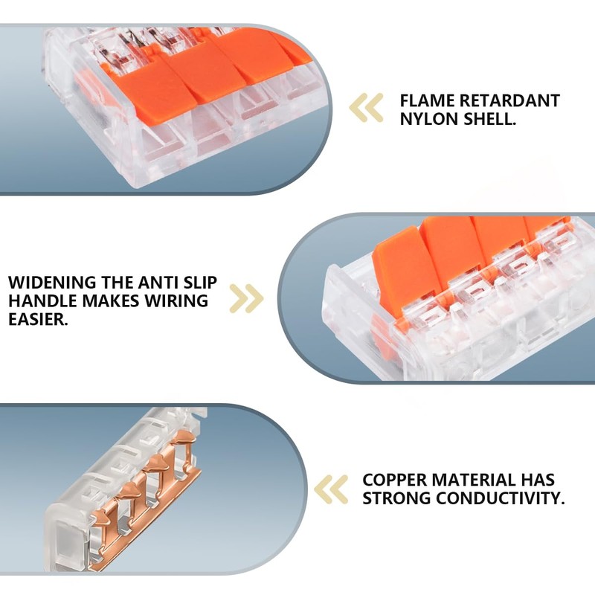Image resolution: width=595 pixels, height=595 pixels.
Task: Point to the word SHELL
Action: coord(486,119)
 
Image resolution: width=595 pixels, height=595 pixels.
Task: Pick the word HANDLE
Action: coord(41,301)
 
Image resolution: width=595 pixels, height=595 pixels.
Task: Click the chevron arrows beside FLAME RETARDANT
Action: coord(366,108)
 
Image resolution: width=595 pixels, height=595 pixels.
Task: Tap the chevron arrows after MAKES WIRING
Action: coord(247,298)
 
